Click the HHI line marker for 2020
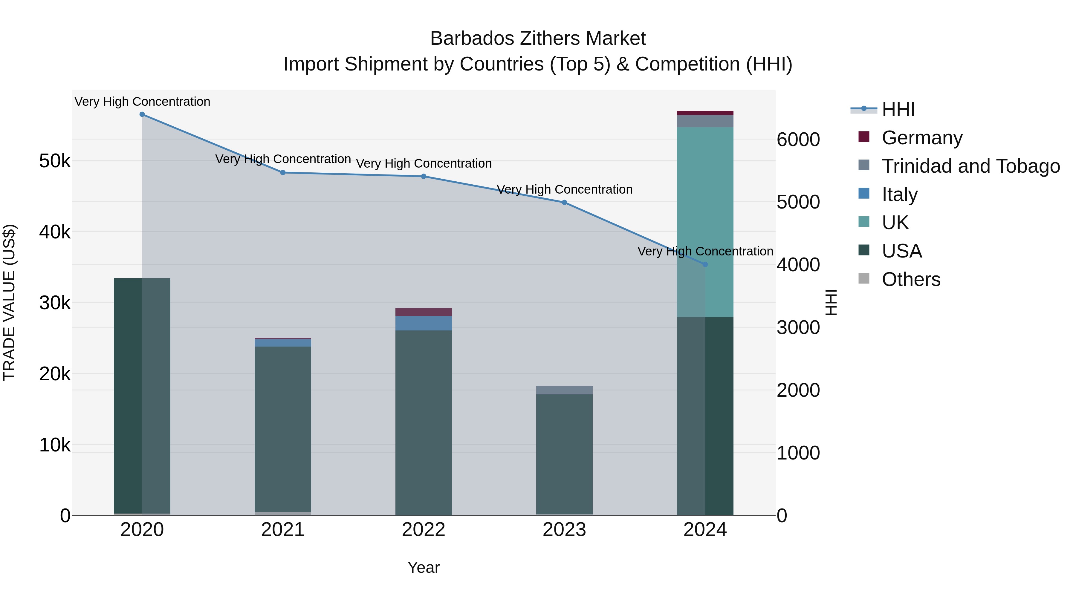tap(142, 114)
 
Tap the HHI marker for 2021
tap(283, 172)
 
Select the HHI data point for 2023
tap(564, 203)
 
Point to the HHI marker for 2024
tap(705, 264)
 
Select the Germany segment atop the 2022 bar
tap(424, 312)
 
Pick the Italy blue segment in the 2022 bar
tap(424, 323)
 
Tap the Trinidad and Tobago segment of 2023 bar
tap(564, 390)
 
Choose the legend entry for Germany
tap(921, 138)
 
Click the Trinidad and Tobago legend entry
tap(970, 166)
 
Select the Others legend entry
tap(911, 279)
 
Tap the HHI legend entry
tap(898, 109)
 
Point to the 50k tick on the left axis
tap(55, 161)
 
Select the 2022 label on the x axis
tap(424, 530)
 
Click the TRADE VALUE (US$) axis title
tap(9, 302)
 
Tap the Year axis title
tap(424, 567)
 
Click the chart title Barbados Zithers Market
tap(538, 39)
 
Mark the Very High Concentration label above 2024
tap(705, 251)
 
